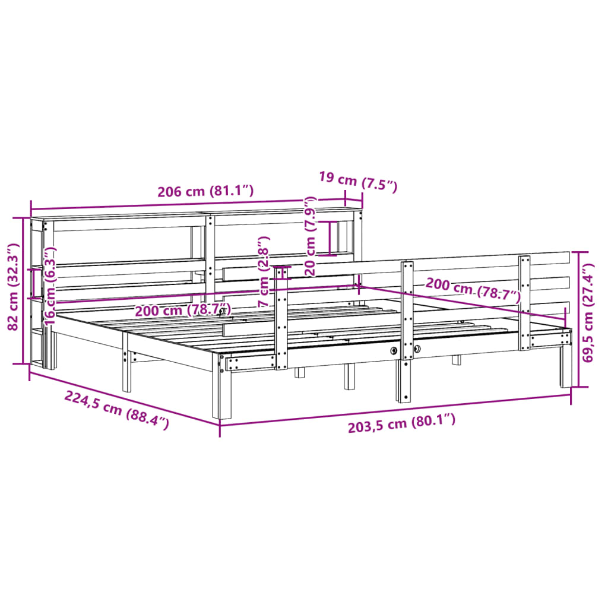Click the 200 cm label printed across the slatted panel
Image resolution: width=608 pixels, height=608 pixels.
point(473,289)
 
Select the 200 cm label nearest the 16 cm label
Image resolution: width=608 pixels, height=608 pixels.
point(182,311)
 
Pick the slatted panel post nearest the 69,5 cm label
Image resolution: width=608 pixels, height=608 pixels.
point(524,303)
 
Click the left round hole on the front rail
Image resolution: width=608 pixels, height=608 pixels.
point(394,350)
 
